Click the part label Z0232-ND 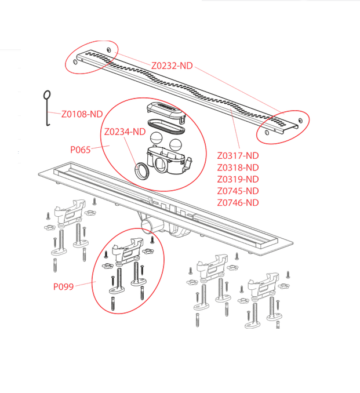pos(172,65)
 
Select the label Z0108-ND pos(82,114)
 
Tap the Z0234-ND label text pos(125,132)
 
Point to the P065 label pos(81,150)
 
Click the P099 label pos(63,286)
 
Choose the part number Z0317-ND pos(238,155)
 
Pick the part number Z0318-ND pos(238,168)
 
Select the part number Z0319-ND pos(238,179)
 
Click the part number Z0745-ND pos(238,191)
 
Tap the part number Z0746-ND pos(238,202)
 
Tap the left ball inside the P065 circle pos(156,139)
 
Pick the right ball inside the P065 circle pos(177,144)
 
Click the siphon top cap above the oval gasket pos(165,109)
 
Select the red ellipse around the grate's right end pos(283,125)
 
